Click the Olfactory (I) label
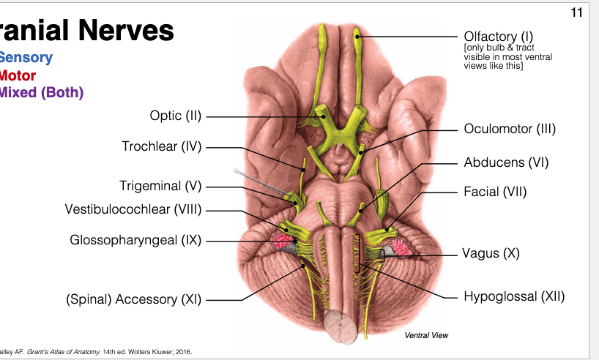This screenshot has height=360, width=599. tap(499, 36)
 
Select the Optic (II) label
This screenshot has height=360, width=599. tap(175, 116)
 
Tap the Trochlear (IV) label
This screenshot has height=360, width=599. tap(161, 146)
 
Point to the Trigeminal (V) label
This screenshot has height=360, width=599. tap(160, 186)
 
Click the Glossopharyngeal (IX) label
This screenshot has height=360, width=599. tap(135, 240)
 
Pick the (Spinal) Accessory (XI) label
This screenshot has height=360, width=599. tap(132, 299)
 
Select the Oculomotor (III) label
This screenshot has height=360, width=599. tap(510, 130)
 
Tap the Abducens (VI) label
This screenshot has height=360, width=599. tap(506, 162)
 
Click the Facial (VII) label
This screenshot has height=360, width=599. tap(495, 192)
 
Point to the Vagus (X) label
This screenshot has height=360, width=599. tap(491, 254)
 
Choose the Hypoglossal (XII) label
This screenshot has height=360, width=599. tap(514, 296)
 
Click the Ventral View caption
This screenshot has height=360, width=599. tap(426, 335)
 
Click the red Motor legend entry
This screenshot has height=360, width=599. tap(18, 75)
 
